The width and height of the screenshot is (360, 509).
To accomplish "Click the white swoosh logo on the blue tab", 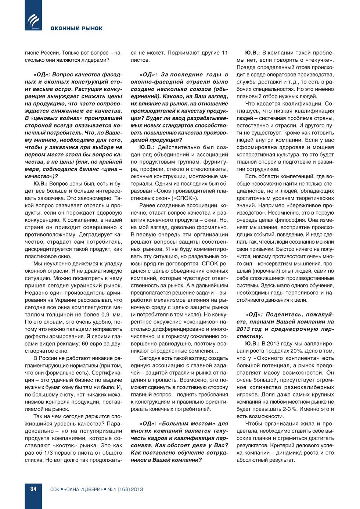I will coord(33,21).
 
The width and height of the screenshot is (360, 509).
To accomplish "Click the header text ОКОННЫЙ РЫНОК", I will coord(76,28).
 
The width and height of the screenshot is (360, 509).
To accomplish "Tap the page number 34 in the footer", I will coord(33,489).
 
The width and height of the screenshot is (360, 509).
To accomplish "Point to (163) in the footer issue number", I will coord(124,489).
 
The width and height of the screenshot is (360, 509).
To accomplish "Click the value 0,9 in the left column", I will coord(105,315).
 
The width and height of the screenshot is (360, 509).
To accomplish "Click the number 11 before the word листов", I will coord(224,53).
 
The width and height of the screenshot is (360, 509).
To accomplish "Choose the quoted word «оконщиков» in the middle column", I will coord(201,322).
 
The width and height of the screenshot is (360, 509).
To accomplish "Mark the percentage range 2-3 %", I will coord(291,409).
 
